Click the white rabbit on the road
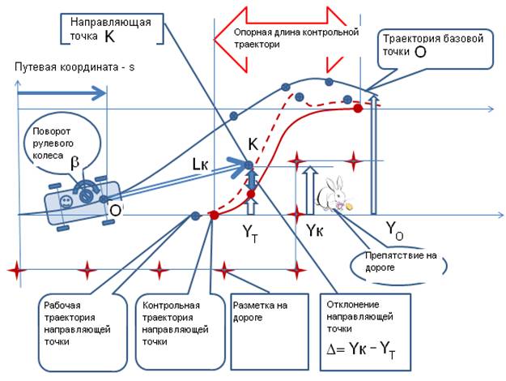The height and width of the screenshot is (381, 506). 333,195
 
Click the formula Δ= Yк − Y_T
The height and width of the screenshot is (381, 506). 364,349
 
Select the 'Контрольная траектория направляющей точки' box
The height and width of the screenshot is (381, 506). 171,324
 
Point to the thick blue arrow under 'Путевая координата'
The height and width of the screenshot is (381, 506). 62,94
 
